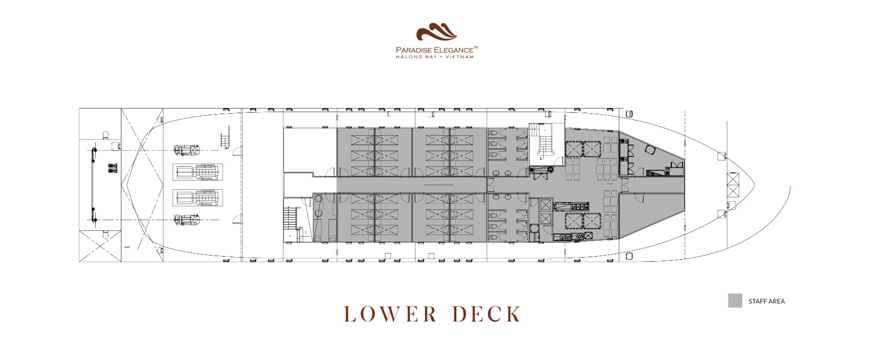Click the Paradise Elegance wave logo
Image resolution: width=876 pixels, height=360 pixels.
point(436,32)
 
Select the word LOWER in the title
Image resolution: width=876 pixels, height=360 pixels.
point(390,314)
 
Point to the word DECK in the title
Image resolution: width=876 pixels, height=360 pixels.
point(487,314)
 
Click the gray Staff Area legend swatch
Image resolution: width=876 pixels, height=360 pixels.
point(735,300)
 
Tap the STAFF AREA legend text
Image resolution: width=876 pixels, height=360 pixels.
point(766,301)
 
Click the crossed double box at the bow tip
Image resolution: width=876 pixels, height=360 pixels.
point(733,185)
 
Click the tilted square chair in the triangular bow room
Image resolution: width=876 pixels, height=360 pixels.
point(650,150)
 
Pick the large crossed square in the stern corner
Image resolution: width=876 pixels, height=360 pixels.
point(100,246)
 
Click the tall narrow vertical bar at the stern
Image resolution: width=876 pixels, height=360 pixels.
point(94,185)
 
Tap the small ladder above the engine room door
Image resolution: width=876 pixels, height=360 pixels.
point(225,140)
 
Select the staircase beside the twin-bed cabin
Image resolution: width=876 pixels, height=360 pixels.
point(290,219)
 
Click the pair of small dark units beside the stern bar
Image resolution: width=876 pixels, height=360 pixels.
point(112,168)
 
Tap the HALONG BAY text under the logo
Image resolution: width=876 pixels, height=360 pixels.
point(416,57)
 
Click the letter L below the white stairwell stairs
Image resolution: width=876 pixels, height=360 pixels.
point(541,159)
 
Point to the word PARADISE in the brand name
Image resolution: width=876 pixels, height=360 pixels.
point(414,50)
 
